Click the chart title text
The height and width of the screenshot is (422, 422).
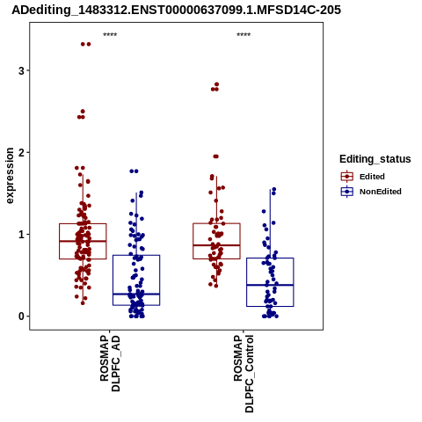(176, 10)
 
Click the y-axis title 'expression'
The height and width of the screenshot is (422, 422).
(10, 176)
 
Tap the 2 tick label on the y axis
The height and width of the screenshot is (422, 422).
(21, 152)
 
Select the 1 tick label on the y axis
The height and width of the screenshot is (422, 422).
(21, 235)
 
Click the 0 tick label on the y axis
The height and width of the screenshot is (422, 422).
(21, 316)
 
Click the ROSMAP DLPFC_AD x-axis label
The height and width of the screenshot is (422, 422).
(110, 363)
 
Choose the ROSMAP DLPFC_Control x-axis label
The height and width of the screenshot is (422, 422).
(244, 374)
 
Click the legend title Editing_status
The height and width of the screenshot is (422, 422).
(375, 159)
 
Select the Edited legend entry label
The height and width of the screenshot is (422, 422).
(372, 177)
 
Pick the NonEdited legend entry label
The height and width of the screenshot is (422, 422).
(381, 192)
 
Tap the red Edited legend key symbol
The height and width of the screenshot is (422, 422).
(347, 177)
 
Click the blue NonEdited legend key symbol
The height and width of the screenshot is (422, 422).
(347, 192)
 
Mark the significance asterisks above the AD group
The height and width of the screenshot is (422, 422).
(110, 34)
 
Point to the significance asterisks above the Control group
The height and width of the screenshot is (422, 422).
(244, 34)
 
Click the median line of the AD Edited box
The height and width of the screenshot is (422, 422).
(83, 241)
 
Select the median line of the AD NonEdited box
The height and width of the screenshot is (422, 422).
(136, 294)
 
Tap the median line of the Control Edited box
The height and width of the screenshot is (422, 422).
(216, 245)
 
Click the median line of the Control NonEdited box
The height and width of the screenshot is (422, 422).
(270, 285)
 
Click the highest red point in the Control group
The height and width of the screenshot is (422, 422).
(217, 84)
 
